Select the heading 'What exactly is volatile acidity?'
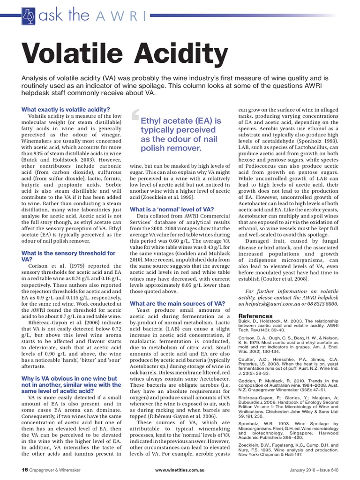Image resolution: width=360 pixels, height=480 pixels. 66,110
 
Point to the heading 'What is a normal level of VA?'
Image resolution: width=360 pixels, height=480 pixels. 172,209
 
